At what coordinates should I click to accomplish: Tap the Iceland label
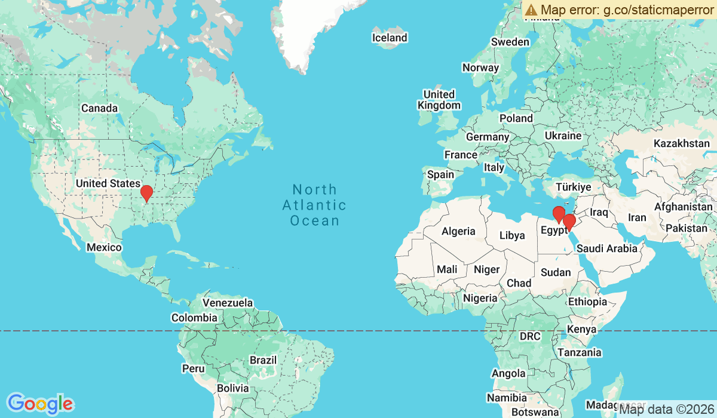click(x=390, y=38)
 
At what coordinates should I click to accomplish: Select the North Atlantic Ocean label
click(x=315, y=205)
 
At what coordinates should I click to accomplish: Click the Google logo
click(x=41, y=404)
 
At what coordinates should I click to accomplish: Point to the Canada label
click(x=99, y=108)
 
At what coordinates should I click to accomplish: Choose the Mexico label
click(x=104, y=247)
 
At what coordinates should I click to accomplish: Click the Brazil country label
click(x=263, y=360)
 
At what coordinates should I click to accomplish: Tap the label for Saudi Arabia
click(x=607, y=248)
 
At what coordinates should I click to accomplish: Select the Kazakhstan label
click(x=682, y=144)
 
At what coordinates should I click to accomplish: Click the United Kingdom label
click(x=439, y=100)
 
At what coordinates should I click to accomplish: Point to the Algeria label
click(x=458, y=231)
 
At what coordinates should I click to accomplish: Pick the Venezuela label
click(x=228, y=303)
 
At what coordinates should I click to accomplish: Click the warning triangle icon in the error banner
click(x=531, y=10)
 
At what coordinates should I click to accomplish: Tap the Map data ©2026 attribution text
click(x=666, y=410)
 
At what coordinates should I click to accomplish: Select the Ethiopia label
click(x=587, y=302)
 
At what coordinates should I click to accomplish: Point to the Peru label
click(x=193, y=368)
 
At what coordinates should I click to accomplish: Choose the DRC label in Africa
click(x=530, y=336)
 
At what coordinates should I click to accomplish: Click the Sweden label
click(x=510, y=42)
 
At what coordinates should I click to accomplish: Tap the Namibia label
click(x=507, y=398)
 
